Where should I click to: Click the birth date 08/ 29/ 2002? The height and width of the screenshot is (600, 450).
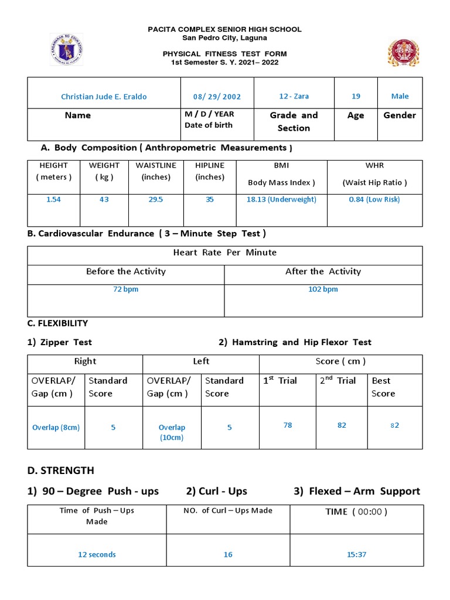tap(217, 97)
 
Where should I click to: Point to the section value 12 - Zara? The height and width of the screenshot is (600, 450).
tap(294, 96)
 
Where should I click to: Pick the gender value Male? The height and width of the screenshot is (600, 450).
tap(400, 96)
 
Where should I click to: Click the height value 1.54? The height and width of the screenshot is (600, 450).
tap(53, 200)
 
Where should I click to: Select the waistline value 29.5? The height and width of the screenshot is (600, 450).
tap(155, 200)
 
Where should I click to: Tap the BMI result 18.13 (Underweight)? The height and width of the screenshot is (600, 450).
tap(281, 200)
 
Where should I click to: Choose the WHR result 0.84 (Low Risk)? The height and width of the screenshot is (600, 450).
tap(374, 200)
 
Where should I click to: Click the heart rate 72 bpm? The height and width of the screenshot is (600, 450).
tap(126, 289)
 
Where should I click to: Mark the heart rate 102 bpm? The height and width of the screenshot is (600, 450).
tap(323, 289)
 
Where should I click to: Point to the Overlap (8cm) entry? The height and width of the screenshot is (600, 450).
tap(56, 428)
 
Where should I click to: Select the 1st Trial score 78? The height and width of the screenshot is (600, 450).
tap(288, 425)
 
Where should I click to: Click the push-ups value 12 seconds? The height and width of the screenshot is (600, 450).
tap(97, 554)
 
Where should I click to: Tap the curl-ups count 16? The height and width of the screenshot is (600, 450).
tap(228, 554)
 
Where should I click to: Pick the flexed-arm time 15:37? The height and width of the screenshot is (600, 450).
tap(356, 554)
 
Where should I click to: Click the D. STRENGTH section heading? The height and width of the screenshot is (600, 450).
tap(60, 471)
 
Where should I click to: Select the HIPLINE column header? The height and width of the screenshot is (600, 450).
tap(210, 166)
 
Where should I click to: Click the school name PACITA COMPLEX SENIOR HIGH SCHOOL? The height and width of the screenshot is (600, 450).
tap(224, 29)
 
